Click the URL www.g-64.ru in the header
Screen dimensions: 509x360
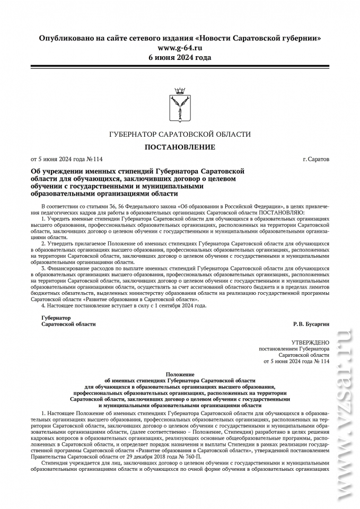click(x=180, y=48)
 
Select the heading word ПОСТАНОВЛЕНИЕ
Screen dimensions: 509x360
click(x=180, y=147)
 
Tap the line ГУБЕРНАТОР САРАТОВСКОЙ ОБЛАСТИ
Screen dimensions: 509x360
click(x=180, y=135)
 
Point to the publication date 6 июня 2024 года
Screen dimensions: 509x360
click(x=180, y=57)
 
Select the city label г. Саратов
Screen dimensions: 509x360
click(x=315, y=159)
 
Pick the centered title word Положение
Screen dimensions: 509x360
click(x=180, y=374)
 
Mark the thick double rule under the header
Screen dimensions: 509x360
click(x=180, y=66)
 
